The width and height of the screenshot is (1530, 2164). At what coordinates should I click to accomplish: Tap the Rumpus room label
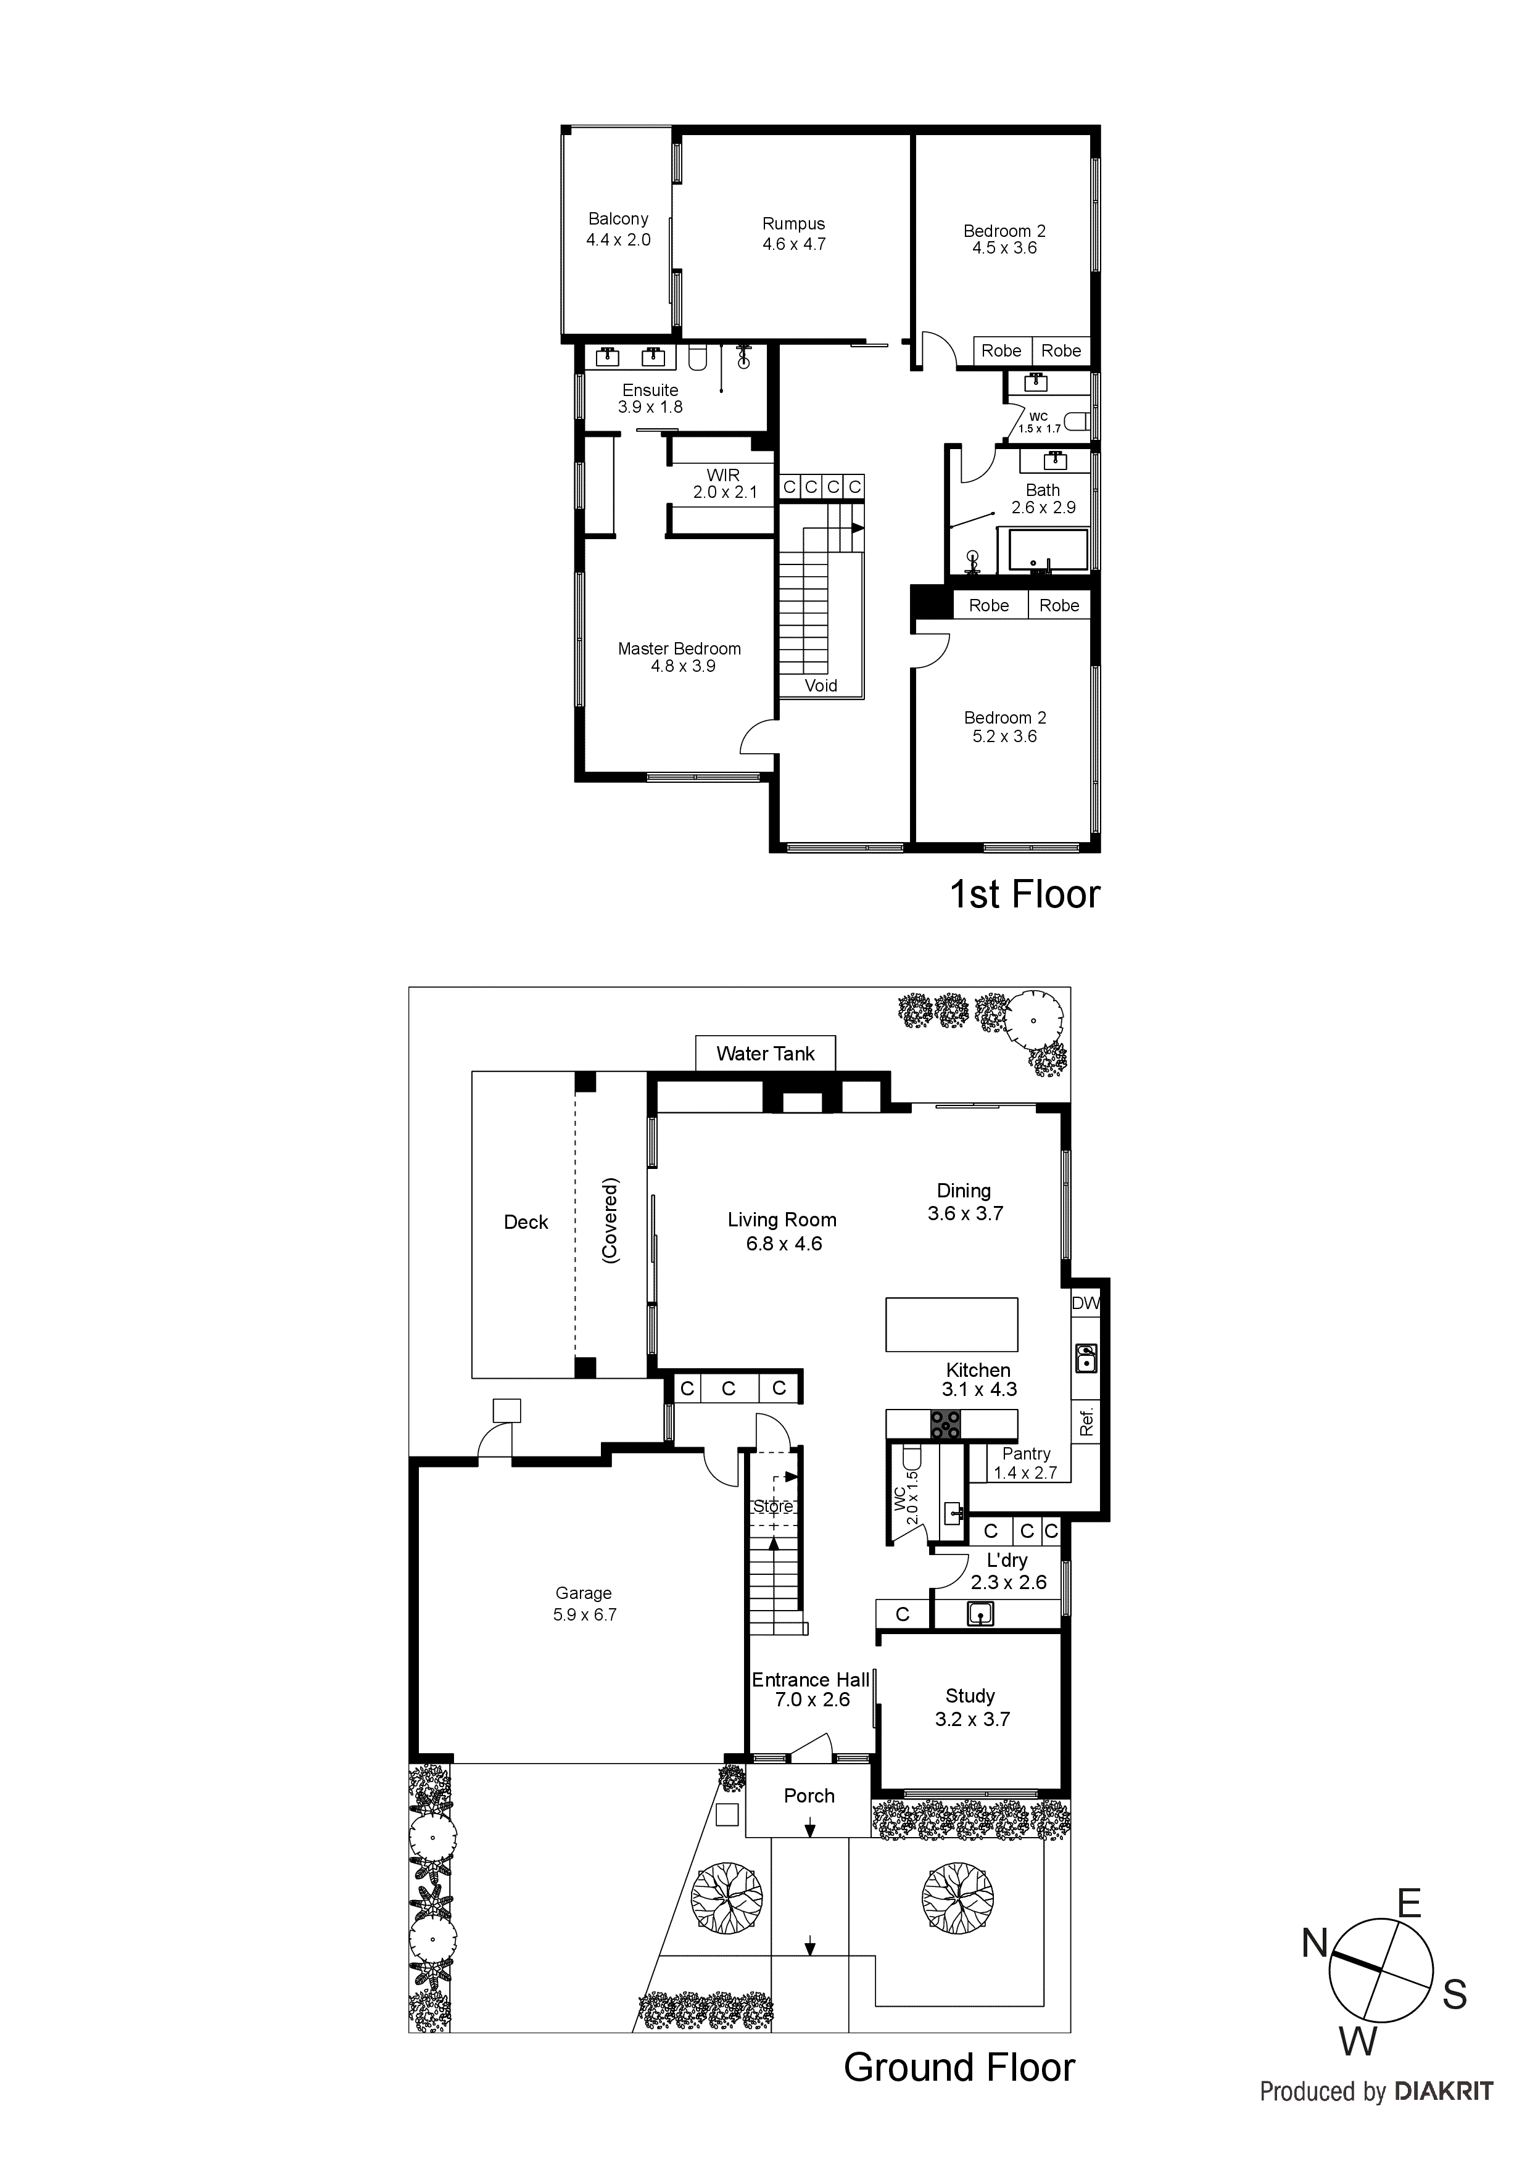coord(794,234)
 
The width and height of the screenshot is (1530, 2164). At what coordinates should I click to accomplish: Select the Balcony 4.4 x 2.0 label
coord(618,229)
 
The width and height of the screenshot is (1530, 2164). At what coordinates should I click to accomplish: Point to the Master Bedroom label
coord(680,657)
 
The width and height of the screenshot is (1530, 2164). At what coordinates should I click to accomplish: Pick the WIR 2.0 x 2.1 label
coord(724,484)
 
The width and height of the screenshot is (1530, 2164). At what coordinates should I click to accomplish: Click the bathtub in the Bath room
coord(1048,550)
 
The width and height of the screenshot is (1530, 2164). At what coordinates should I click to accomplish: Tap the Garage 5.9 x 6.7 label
coord(584,1603)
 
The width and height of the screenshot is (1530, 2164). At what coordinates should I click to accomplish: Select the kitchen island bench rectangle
coord(951,1324)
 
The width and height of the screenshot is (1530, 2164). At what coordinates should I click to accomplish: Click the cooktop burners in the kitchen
coord(945,1424)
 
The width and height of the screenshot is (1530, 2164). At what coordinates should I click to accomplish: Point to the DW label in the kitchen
coord(1086,1303)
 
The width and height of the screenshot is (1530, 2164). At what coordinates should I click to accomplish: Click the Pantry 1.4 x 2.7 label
coord(1026,1463)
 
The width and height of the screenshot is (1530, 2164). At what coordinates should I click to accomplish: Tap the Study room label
coord(971,1707)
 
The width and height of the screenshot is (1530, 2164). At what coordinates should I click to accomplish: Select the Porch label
coord(809,1796)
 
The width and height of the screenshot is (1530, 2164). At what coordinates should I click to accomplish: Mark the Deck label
coord(526,1223)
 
